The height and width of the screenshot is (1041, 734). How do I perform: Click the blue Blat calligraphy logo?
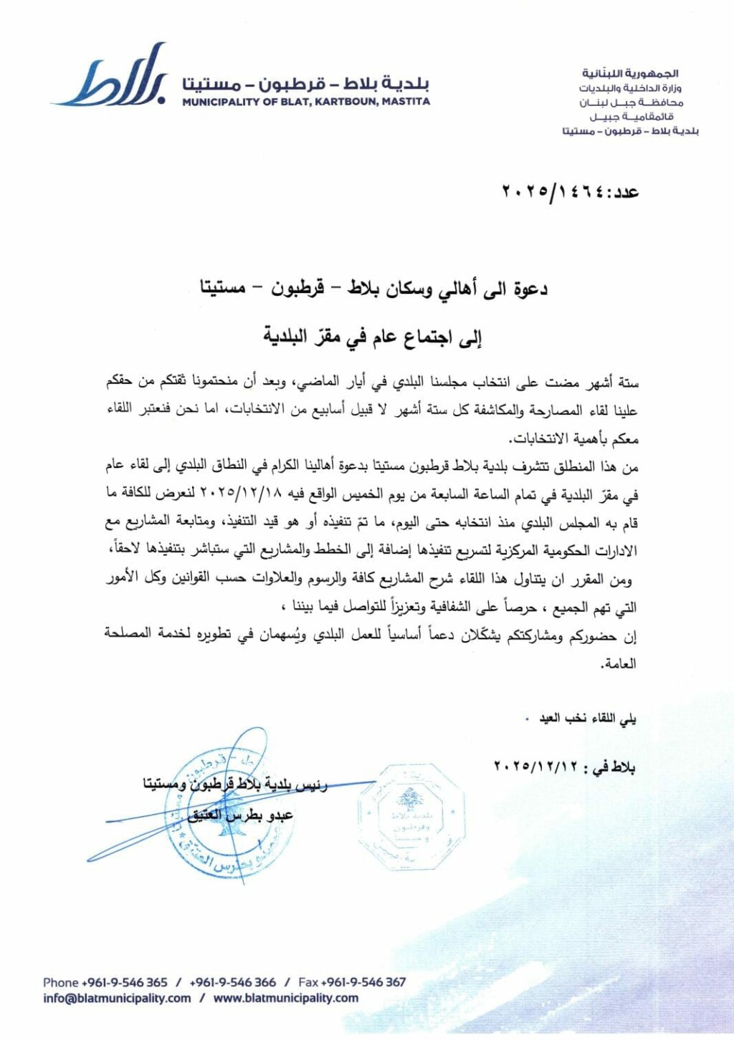pyautogui.click(x=115, y=77)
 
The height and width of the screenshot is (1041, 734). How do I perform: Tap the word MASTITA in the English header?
pyautogui.click(x=406, y=102)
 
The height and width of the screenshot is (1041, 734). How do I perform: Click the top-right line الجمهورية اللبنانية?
pyautogui.click(x=630, y=74)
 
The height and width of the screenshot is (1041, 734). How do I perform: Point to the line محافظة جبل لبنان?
pyautogui.click(x=631, y=102)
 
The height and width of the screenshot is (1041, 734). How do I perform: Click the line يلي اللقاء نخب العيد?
pyautogui.click(x=587, y=718)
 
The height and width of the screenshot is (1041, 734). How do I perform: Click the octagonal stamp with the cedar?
pyautogui.click(x=410, y=817)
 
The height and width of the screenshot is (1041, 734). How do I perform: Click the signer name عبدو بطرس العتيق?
pyautogui.click(x=241, y=815)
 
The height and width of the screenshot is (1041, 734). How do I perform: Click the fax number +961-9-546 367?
pyautogui.click(x=363, y=982)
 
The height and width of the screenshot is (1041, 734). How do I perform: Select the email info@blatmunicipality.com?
pyautogui.click(x=117, y=998)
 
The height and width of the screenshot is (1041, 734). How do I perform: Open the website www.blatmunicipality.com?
pyautogui.click(x=286, y=998)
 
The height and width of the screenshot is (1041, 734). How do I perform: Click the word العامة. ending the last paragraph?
pyautogui.click(x=619, y=663)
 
